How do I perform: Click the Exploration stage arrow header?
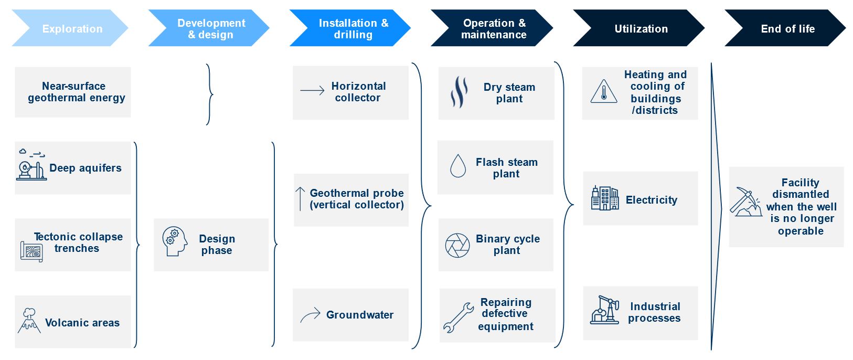click(71, 29)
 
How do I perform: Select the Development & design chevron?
click(210, 29)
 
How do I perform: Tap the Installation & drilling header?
click(351, 29)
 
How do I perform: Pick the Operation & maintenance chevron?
click(493, 29)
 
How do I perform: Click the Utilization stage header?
click(640, 29)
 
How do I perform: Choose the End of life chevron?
click(787, 29)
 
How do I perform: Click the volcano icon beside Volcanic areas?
click(29, 320)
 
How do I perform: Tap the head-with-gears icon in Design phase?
click(175, 241)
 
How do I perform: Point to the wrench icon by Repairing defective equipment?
click(458, 318)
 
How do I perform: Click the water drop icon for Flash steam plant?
click(458, 166)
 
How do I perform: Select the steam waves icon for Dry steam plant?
click(459, 92)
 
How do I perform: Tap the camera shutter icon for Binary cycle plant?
click(457, 245)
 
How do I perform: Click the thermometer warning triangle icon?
click(604, 92)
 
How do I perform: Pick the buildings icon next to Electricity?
click(605, 198)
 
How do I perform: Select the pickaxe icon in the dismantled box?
click(745, 202)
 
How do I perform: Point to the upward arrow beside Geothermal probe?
click(300, 199)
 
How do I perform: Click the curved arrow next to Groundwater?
click(310, 315)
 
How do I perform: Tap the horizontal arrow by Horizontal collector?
click(312, 91)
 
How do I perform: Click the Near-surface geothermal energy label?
click(76, 92)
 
